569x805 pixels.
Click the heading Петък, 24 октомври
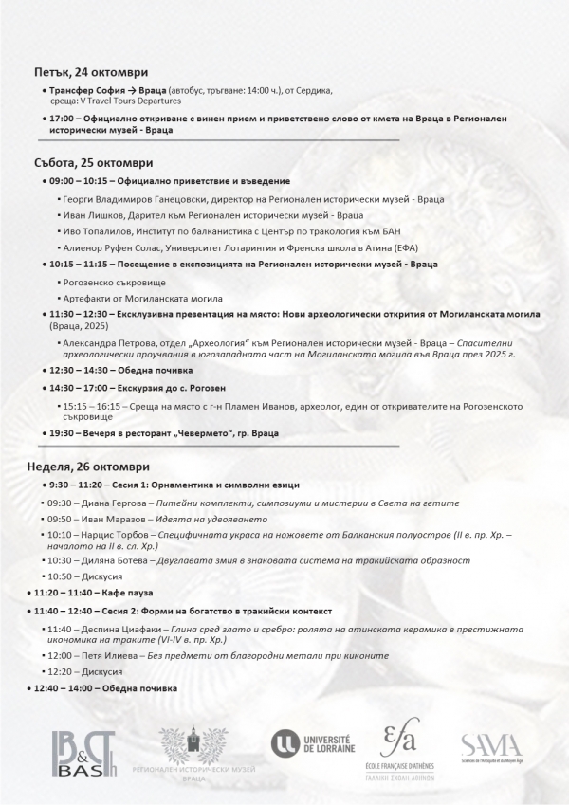tap(90, 72)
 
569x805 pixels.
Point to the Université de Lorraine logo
tap(313, 743)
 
